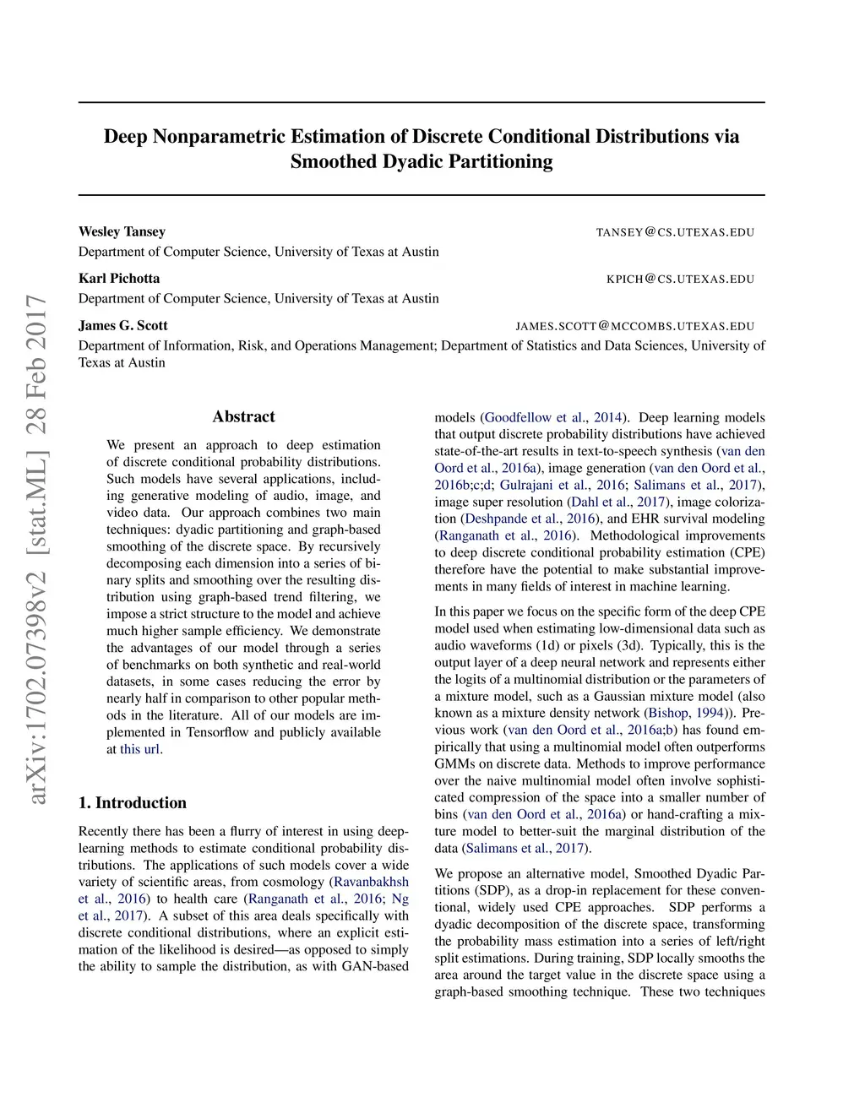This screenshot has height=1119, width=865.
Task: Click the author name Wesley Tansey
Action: (x=122, y=231)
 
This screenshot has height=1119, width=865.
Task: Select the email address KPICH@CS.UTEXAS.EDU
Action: (x=680, y=279)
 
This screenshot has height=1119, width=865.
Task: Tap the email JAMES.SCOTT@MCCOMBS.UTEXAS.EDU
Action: (x=634, y=326)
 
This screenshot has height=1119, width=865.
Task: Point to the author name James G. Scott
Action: (x=122, y=325)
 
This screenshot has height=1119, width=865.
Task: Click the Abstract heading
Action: (x=243, y=416)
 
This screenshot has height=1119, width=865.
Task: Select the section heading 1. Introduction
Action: (x=132, y=802)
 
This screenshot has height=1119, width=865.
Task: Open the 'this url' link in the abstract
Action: (x=139, y=749)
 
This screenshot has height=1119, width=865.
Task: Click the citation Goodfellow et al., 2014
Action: (x=553, y=417)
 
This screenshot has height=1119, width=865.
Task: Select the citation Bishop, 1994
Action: (x=686, y=713)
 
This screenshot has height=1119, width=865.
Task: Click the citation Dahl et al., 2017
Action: (x=617, y=502)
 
